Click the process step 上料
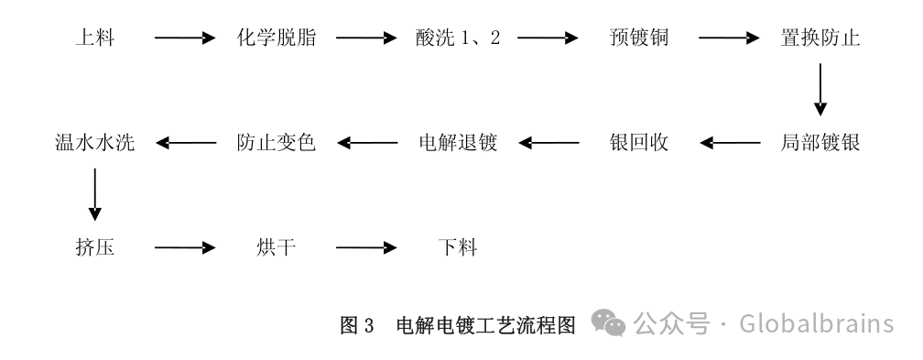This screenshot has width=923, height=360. (94, 38)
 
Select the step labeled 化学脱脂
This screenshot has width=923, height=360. (277, 38)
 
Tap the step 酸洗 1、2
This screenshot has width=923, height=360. (457, 38)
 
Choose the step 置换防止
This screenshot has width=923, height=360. (820, 38)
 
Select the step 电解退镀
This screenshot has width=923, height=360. (457, 143)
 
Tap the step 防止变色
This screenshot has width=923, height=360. (277, 143)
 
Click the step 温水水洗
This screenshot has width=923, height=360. (94, 143)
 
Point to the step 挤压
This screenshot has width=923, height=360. (94, 247)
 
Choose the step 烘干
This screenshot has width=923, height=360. (277, 247)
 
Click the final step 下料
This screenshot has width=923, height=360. (457, 247)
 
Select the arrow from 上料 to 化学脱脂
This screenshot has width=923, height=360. (184, 38)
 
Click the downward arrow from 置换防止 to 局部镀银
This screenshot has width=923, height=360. (820, 92)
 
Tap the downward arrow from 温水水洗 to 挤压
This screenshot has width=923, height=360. (94, 195)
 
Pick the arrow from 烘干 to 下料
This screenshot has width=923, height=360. (366, 247)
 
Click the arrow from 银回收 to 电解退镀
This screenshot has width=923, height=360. (548, 143)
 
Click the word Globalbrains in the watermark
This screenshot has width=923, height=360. (815, 324)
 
